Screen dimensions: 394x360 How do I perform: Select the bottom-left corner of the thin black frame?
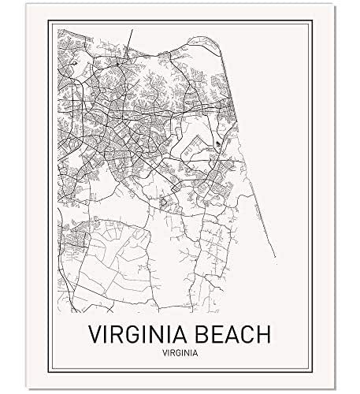[49, 369]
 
